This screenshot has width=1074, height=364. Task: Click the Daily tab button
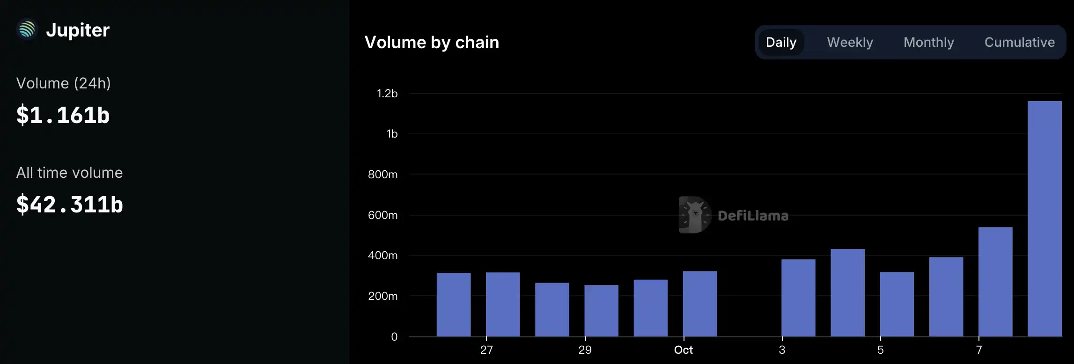(x=781, y=42)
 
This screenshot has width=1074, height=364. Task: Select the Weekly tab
(x=850, y=42)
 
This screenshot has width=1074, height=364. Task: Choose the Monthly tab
(x=928, y=42)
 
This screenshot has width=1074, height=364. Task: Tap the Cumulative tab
(x=1019, y=42)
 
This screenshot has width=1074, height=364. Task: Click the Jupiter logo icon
(x=27, y=29)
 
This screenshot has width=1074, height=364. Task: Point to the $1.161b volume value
(x=63, y=115)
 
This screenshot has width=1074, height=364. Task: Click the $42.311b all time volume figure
(x=69, y=204)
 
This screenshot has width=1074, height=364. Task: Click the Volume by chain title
(x=432, y=43)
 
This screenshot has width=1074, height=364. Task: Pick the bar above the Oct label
(x=699, y=304)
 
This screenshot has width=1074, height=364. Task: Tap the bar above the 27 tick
(x=502, y=304)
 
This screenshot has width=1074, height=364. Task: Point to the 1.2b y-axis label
(x=387, y=94)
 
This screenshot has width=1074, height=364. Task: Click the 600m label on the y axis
(x=383, y=215)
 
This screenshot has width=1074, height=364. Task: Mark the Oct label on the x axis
(x=683, y=350)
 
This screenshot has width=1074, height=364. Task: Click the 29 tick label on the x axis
(x=585, y=350)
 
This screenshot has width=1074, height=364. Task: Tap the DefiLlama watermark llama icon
(x=695, y=215)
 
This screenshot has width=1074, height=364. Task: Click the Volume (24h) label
(x=63, y=83)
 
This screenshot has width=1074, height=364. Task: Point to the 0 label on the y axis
(x=394, y=337)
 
